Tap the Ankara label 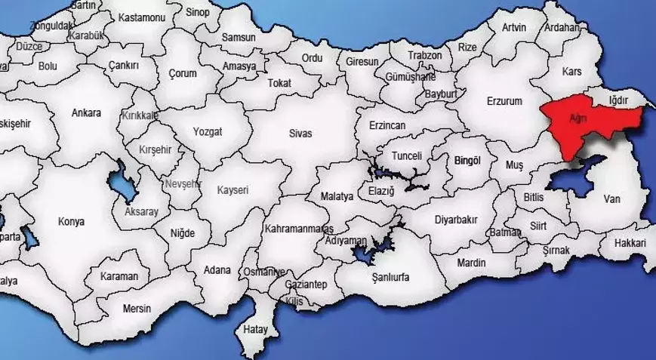[x=86, y=113]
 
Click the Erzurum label [x=504, y=101]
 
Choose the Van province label [x=611, y=199]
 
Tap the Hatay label [x=255, y=330]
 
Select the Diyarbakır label [x=456, y=220]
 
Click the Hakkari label [x=630, y=243]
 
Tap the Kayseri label [x=233, y=190]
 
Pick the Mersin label [x=136, y=309]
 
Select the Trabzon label [x=424, y=56]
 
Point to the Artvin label [x=515, y=27]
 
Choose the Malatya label [x=337, y=196]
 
